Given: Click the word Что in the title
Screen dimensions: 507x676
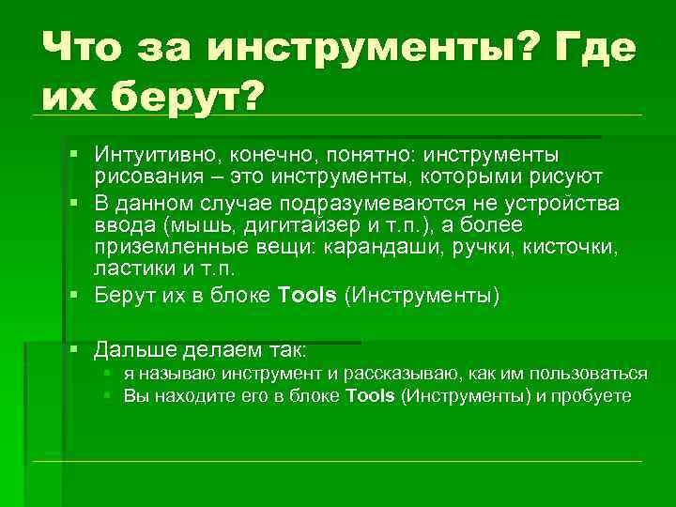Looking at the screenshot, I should [87, 44].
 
